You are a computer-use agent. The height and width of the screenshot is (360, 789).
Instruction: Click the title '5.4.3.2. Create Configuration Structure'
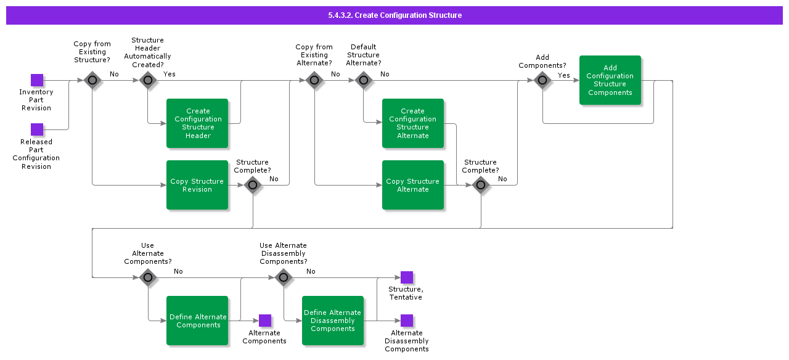point(394,15)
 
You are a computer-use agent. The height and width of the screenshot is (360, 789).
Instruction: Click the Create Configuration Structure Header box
point(197,123)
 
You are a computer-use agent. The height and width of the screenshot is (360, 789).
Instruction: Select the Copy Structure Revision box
point(197,185)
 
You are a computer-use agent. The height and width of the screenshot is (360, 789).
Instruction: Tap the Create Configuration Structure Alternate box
point(413,123)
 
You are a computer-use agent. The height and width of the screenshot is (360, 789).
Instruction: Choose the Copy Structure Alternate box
point(413,185)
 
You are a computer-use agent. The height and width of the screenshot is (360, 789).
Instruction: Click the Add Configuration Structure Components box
point(610,80)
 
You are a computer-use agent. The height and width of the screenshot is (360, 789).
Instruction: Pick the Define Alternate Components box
point(197,321)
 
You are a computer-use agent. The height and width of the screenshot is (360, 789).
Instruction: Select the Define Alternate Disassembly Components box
point(333,321)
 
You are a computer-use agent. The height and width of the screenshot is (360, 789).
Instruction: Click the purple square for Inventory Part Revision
point(37,80)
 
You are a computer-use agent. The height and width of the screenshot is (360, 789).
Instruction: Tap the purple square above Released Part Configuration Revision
point(37,129)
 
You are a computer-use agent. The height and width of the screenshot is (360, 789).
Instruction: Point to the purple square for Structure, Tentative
point(407,277)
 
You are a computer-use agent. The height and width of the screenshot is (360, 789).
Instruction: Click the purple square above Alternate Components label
point(265,321)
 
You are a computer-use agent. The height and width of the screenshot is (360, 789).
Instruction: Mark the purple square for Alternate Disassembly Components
point(407,321)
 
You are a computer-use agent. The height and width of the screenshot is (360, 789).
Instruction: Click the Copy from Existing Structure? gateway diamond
point(92,80)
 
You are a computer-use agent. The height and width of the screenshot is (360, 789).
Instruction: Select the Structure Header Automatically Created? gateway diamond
point(148,80)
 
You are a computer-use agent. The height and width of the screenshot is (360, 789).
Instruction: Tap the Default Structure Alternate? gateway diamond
point(364,80)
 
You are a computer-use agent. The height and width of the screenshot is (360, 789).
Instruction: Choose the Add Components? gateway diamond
point(542,80)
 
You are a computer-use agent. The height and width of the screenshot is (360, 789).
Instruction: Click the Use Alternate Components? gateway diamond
point(148,277)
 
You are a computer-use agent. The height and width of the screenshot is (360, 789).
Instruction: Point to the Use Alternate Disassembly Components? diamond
point(284,277)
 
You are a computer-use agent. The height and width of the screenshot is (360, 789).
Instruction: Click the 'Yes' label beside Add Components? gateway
point(564,75)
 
